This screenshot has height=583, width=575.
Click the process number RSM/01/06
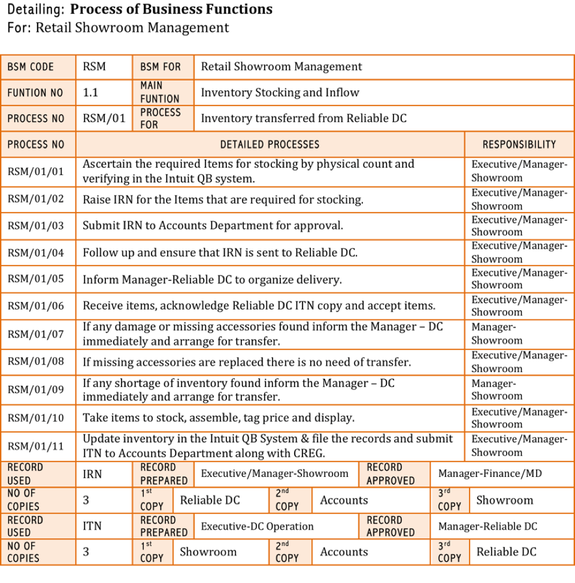tap(35, 306)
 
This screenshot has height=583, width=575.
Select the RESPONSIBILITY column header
tap(519, 144)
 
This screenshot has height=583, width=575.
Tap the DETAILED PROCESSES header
tap(270, 144)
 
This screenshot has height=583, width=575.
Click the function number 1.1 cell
tap(90, 93)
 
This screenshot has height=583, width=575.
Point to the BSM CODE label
tap(31, 67)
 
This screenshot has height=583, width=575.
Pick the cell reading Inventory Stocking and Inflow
tap(280, 93)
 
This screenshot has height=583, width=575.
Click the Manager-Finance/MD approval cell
tap(490, 473)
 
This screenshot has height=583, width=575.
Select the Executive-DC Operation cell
tap(257, 526)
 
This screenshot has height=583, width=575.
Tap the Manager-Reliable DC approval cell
tap(488, 526)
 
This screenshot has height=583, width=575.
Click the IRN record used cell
tap(92, 474)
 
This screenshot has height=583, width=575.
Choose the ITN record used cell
tap(92, 526)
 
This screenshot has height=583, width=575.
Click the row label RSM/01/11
tap(35, 446)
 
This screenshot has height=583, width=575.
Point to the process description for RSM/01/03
tap(213, 226)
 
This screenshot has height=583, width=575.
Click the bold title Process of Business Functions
tap(171, 10)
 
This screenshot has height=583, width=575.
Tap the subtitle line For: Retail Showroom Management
tap(118, 28)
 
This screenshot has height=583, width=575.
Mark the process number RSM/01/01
tap(35, 171)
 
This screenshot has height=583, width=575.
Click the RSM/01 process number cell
tap(104, 118)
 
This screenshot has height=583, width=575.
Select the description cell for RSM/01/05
tap(212, 280)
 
